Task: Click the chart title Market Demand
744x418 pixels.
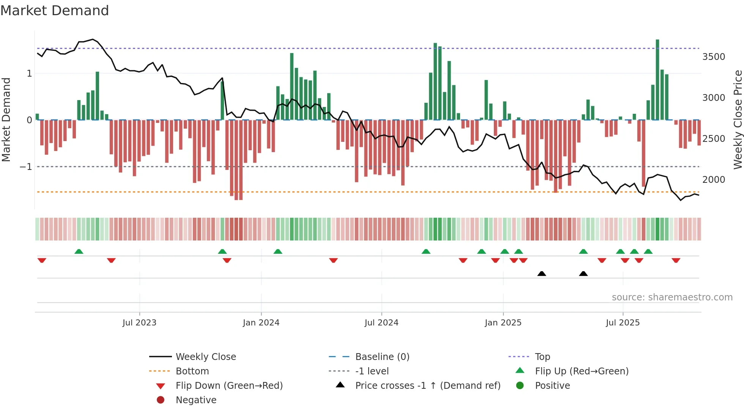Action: [x=55, y=11]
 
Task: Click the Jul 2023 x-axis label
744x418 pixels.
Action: [x=139, y=323]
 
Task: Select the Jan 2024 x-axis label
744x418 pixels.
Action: [x=261, y=323]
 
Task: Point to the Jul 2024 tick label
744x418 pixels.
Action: [x=381, y=323]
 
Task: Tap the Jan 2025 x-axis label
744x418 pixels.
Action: [x=503, y=323]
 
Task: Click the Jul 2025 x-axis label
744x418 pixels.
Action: [x=623, y=323]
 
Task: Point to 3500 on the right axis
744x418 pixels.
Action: [x=714, y=57]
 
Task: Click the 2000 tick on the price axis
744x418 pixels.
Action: [x=714, y=180]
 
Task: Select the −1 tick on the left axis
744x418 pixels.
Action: [x=26, y=167]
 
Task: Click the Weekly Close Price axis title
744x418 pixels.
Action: [x=738, y=119]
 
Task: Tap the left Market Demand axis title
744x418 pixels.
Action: [x=6, y=119]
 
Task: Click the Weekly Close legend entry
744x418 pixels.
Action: [x=205, y=357]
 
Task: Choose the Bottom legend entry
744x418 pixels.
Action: [x=192, y=371]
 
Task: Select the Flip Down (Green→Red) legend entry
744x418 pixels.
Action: [x=229, y=386]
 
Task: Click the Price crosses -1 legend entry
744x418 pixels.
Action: [x=427, y=386]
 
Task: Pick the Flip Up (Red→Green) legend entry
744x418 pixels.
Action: [x=582, y=371]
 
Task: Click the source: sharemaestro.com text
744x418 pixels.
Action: [x=672, y=297]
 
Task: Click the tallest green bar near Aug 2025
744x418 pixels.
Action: [x=657, y=80]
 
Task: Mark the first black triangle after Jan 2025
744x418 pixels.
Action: [x=542, y=273]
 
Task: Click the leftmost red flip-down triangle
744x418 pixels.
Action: [x=42, y=260]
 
